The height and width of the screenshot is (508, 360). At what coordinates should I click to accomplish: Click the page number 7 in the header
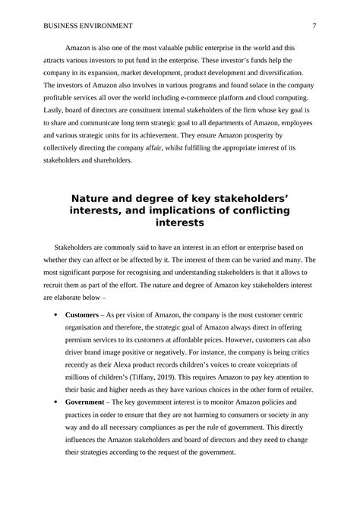click(x=314, y=26)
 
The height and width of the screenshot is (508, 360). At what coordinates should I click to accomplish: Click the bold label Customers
click(x=83, y=314)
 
